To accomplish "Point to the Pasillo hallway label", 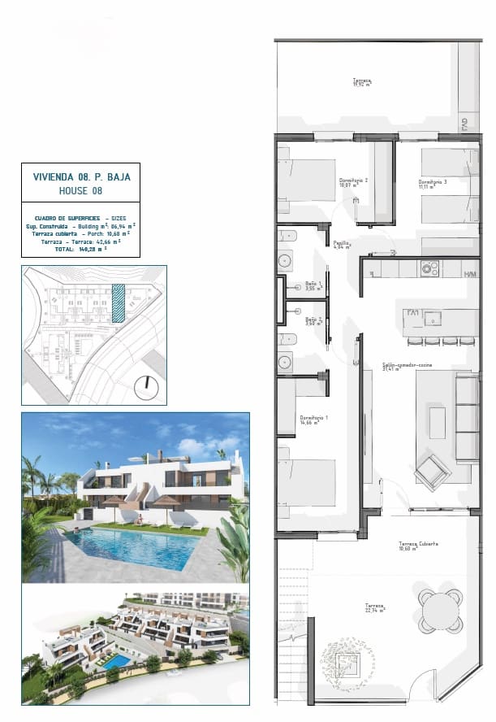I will [x=342, y=243].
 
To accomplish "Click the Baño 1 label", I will [x=313, y=285].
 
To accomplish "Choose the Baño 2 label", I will [x=313, y=320].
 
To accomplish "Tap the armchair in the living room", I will [x=430, y=470].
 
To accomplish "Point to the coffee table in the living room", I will [x=438, y=423].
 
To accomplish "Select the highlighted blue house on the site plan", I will [x=119, y=304].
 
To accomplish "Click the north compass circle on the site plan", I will [x=147, y=388].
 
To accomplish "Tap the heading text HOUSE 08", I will [x=80, y=189].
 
